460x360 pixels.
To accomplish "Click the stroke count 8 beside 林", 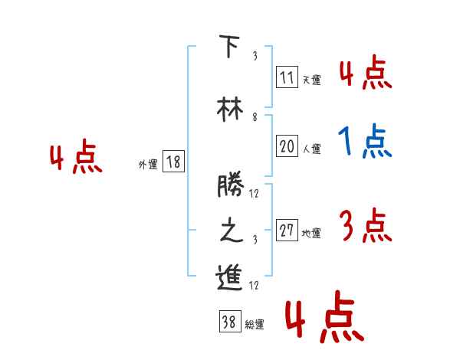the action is pos(255,117).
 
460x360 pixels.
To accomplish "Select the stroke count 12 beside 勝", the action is pos(255,194).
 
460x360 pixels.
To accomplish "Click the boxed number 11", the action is pos(287,77).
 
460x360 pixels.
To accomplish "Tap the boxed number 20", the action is pos(287,146).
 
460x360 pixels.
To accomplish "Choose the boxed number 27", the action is pos(287,231).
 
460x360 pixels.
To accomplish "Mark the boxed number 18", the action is pos(173,162).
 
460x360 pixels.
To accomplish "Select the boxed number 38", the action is pos(228,322).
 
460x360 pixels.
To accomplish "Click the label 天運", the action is pos(311,80).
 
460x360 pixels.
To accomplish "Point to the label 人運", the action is pos(311,149).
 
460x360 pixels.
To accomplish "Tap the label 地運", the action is pos(311,234).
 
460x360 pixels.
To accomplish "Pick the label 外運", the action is pos(148,164).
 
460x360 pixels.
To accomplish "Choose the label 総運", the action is pos(255,325).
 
